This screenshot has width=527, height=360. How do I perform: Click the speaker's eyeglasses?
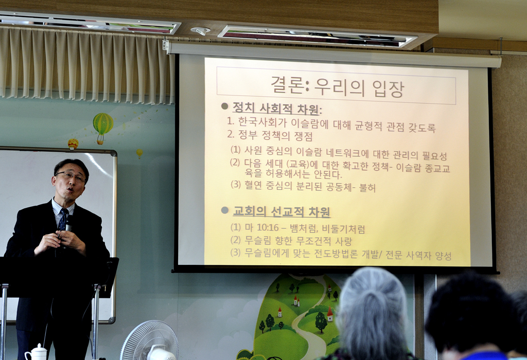pos(70,176)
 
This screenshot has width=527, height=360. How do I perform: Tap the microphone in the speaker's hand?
pos(68,224)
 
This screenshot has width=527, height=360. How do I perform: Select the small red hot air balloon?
pos(73,144)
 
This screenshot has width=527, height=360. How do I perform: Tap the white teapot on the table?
pos(36,352)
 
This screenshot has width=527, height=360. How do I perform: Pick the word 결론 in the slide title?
pos(288,85)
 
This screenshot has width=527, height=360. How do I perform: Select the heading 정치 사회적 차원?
pos(276,109)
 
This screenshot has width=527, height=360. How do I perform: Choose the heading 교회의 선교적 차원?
pos(282,212)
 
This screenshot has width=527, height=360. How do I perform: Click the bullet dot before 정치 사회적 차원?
pos(225,106)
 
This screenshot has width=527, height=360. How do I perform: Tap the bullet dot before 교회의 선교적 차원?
pos(225,210)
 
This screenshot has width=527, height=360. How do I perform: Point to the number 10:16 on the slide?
pos(268,228)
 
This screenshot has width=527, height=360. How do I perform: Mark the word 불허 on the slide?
pos(367,187)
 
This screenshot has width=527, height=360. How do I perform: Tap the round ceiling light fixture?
pos(200,31)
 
